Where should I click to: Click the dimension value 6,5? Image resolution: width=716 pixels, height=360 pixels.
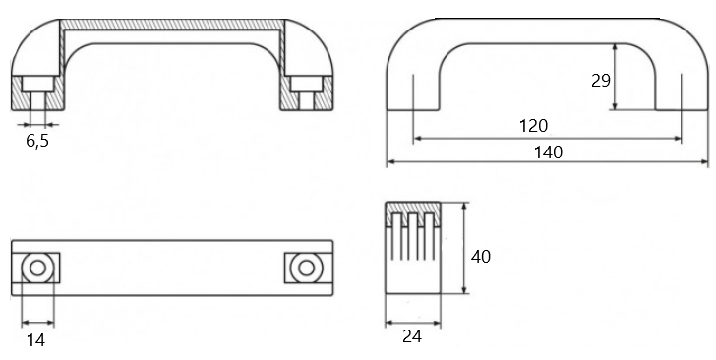37,141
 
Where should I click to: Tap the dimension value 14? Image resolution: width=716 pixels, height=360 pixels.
35,340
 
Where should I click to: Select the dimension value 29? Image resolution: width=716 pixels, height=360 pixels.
601,81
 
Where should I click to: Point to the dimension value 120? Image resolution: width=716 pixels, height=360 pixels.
533,125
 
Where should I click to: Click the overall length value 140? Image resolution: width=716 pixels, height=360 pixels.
548,152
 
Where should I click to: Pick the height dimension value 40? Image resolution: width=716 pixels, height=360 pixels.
480,257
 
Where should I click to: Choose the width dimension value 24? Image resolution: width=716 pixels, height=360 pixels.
412,336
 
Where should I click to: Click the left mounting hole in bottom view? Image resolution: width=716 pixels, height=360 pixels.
37,269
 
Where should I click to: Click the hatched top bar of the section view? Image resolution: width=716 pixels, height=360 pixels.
173,25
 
